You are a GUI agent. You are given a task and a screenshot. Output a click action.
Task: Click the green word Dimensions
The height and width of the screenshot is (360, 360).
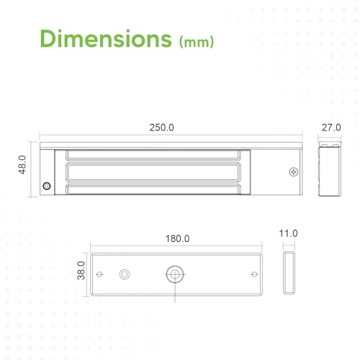[x=106, y=38]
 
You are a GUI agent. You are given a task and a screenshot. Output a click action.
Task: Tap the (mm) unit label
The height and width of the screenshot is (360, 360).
[x=197, y=42]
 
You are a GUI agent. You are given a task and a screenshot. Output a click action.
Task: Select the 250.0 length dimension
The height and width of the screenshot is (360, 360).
[x=161, y=127]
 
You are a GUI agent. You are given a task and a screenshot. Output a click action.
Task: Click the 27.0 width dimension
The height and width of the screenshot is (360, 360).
[x=331, y=127]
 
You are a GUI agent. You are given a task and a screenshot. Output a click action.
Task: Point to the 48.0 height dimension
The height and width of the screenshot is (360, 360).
[x=22, y=165]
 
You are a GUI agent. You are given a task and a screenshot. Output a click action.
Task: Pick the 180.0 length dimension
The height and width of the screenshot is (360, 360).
[x=177, y=238]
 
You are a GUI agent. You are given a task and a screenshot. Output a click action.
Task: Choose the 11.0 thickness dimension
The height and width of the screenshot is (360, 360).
[x=288, y=233]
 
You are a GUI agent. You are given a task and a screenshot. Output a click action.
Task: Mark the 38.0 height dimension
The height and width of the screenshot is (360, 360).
[x=81, y=271]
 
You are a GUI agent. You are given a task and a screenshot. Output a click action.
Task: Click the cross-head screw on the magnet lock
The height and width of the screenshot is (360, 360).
[x=294, y=172]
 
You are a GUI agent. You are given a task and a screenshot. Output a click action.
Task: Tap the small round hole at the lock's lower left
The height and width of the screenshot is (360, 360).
[x=47, y=186]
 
